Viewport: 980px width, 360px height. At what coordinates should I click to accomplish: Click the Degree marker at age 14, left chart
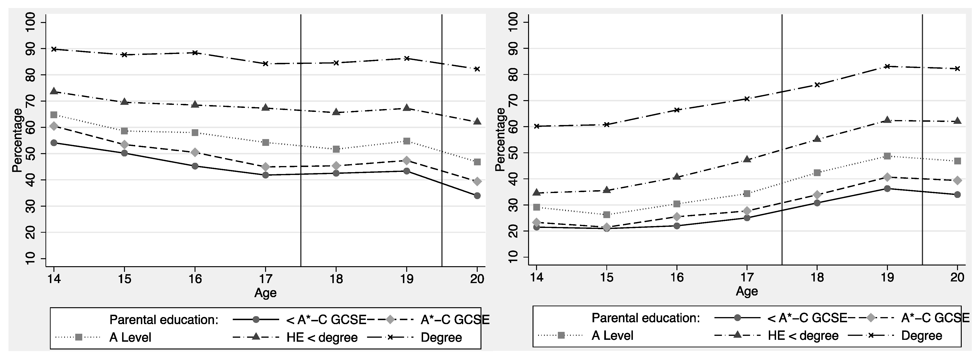(54, 49)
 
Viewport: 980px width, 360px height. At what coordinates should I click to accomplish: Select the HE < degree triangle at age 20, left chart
(477, 121)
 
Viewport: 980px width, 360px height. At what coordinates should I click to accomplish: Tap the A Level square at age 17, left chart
(266, 142)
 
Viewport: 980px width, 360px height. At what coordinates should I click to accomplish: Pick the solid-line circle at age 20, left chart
(477, 196)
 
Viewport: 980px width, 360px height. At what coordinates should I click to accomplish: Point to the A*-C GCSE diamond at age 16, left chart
(195, 152)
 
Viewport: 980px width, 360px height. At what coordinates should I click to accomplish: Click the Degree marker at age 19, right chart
(887, 66)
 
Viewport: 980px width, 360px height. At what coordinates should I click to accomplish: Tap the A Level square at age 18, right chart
(817, 172)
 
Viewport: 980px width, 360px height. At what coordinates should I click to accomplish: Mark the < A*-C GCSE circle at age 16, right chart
(677, 226)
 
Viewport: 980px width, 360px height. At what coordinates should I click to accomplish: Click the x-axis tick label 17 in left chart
(266, 279)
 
